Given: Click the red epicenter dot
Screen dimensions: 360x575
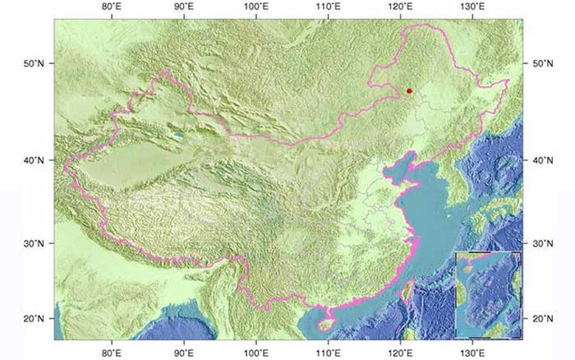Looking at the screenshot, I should [409, 91].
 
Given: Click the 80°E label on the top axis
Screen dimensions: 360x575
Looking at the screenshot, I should [112, 7].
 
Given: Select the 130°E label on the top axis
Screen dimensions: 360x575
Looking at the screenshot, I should [471, 7].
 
